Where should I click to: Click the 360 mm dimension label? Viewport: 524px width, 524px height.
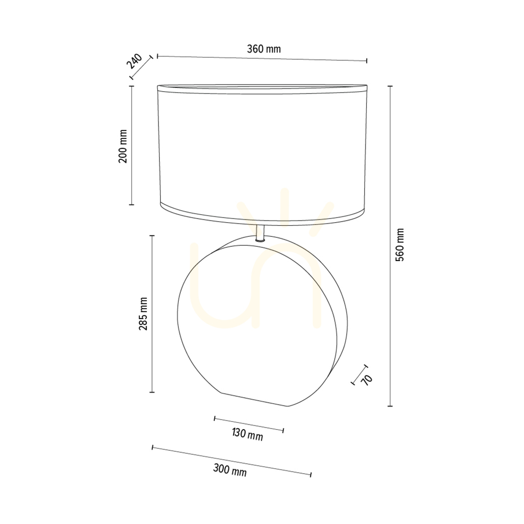[x=264, y=49]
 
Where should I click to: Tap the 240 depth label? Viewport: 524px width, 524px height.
[x=134, y=61]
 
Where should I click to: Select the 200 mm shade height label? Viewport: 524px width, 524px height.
[x=123, y=146]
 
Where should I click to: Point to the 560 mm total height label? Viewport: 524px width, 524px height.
[x=399, y=245]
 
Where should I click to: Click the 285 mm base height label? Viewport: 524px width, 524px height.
[x=143, y=313]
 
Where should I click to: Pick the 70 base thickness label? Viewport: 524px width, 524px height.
[x=367, y=379]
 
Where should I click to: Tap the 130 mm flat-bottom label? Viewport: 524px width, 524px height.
[x=247, y=434]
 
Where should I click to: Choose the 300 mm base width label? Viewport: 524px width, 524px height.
[x=230, y=470]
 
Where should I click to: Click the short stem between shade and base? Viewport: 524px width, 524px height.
[x=260, y=233]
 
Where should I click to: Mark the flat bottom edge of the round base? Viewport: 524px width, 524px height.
[x=255, y=400]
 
